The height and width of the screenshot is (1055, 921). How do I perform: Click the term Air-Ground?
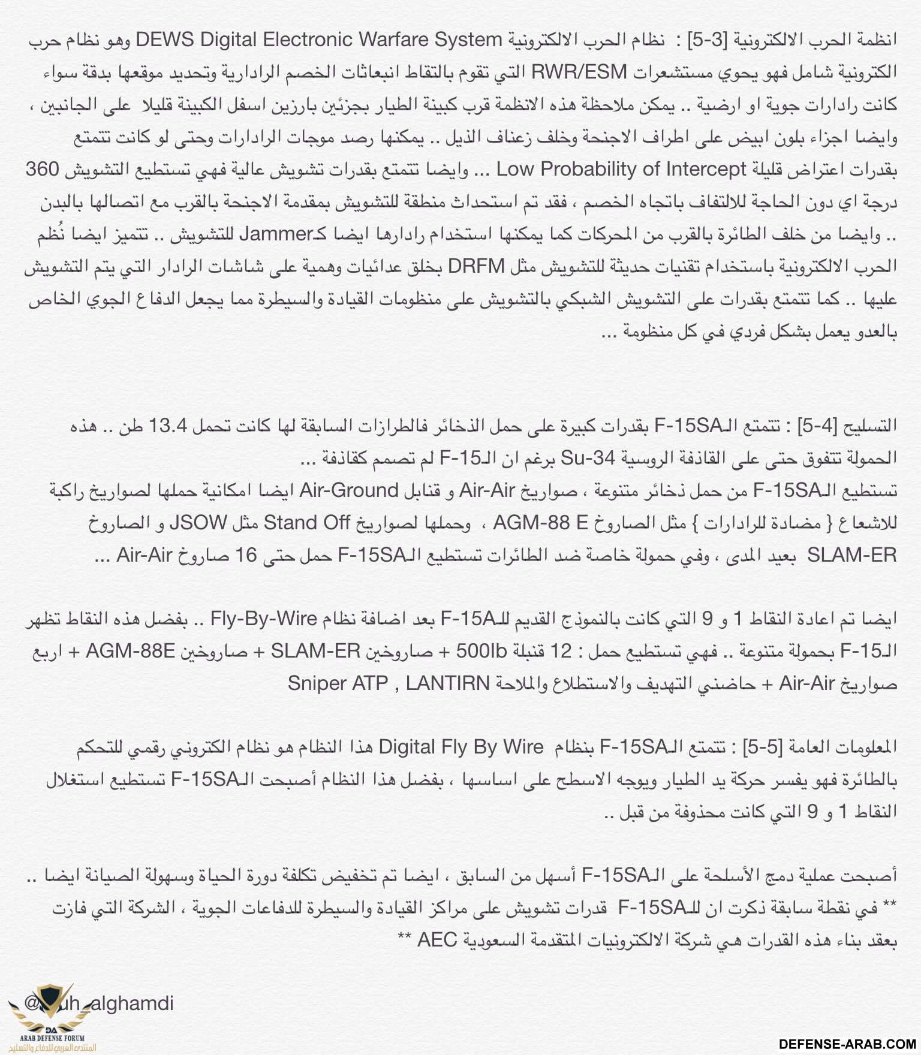pos(349,491)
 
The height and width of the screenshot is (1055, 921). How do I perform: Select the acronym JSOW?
pos(197,523)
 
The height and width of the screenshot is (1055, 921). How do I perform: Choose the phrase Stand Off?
pos(306,523)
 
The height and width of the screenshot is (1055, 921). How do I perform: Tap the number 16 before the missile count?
pos(245,555)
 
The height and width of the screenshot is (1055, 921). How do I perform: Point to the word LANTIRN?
pos(447,683)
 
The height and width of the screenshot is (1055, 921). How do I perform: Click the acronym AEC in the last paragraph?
pos(437,940)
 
